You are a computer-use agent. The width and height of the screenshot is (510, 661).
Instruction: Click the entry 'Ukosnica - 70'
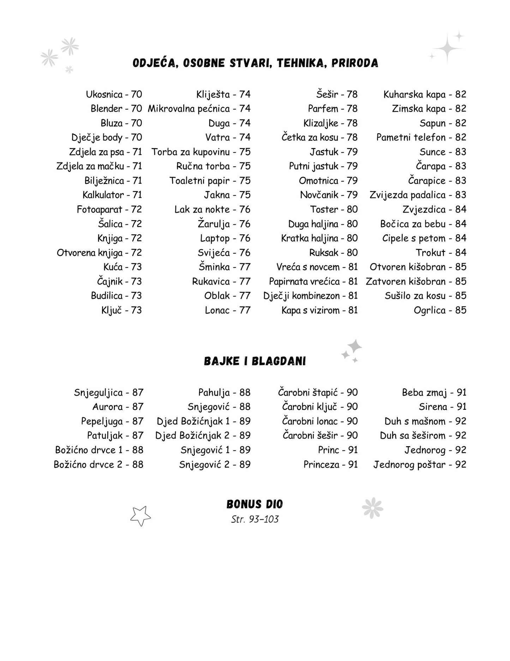[x=114, y=94]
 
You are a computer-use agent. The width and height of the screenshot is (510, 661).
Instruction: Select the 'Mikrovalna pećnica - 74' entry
[x=199, y=109]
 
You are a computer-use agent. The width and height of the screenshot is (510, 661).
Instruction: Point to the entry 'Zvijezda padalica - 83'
[x=418, y=195]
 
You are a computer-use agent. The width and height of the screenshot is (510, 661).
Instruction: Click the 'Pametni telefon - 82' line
[x=421, y=137]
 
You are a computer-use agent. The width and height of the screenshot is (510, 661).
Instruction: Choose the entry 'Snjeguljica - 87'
[x=109, y=393]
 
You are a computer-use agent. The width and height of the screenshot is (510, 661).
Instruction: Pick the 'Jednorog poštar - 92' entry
[x=420, y=465]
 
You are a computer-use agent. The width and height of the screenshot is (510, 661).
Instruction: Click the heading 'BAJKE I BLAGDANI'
[x=255, y=361]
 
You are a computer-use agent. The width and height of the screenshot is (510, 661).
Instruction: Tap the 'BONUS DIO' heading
[x=255, y=504]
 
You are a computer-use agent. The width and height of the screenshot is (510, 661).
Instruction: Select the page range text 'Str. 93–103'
[x=255, y=519]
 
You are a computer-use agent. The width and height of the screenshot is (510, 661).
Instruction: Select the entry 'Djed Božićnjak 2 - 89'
[x=203, y=436]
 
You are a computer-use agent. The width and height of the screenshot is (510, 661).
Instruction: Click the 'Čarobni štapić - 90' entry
[x=318, y=393]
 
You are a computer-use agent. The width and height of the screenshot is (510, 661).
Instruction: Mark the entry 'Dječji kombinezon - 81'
[x=310, y=296]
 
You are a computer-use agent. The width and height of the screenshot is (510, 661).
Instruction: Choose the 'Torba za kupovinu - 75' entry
[x=201, y=152]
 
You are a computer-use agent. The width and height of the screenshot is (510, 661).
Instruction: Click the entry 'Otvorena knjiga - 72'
[x=99, y=253]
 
